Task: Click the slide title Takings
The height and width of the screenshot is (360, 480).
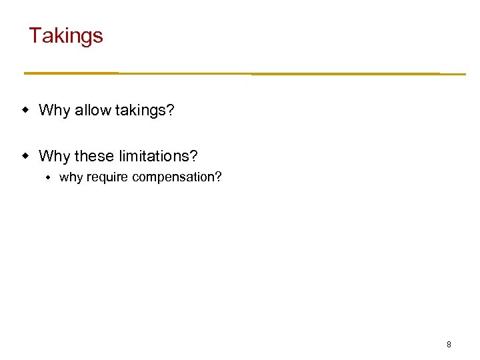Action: [x=66, y=35]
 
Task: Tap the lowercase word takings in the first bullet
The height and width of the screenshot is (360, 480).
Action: [x=141, y=111]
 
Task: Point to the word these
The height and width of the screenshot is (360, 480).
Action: [x=94, y=156]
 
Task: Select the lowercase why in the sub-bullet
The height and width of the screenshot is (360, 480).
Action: [x=70, y=177]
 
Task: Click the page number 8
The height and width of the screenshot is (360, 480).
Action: [x=449, y=345]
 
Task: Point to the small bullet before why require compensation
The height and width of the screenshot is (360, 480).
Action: [x=49, y=177]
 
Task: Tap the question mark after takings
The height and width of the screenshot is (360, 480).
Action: [x=170, y=110]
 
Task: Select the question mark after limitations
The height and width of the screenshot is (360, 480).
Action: [x=194, y=156]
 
